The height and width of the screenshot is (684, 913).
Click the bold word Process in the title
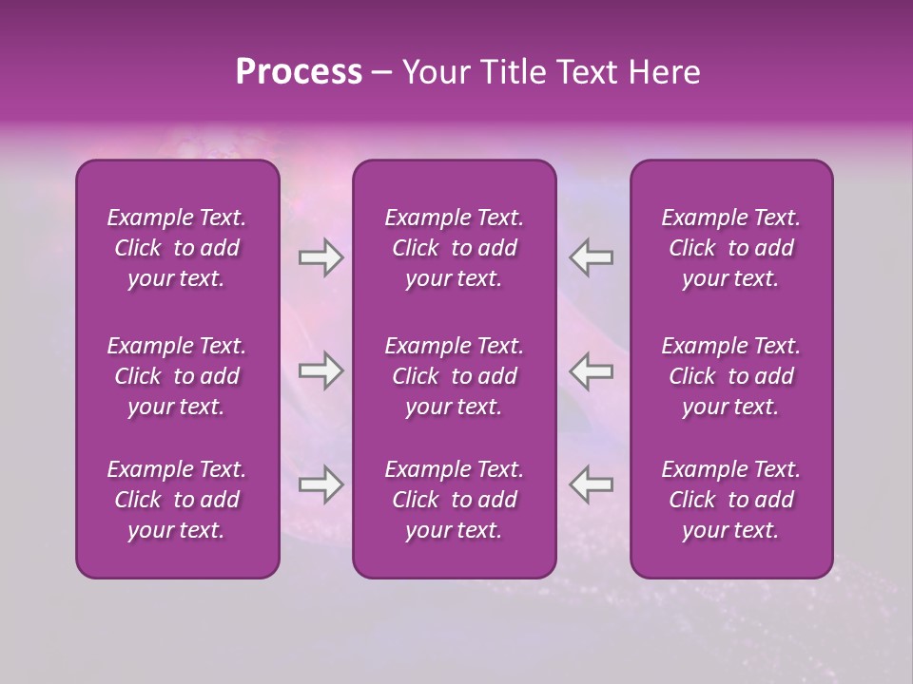299,72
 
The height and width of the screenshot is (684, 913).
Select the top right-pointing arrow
321,257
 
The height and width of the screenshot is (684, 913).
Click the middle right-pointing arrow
321,370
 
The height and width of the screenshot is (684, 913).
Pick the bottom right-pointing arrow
321,484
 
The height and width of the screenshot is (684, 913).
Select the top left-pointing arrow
592,257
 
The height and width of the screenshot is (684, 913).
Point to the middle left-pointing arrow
592,370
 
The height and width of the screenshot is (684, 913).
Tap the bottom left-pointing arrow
592,484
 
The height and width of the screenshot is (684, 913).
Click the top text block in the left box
177,248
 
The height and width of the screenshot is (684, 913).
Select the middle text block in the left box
177,376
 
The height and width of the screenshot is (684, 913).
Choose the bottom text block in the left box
177,500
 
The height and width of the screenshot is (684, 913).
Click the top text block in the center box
454,248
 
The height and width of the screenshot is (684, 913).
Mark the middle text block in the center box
454,376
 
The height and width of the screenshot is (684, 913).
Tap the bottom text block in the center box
454,500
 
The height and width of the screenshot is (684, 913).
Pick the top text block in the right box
730,248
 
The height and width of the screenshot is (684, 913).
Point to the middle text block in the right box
730,376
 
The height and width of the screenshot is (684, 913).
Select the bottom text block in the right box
730,500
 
